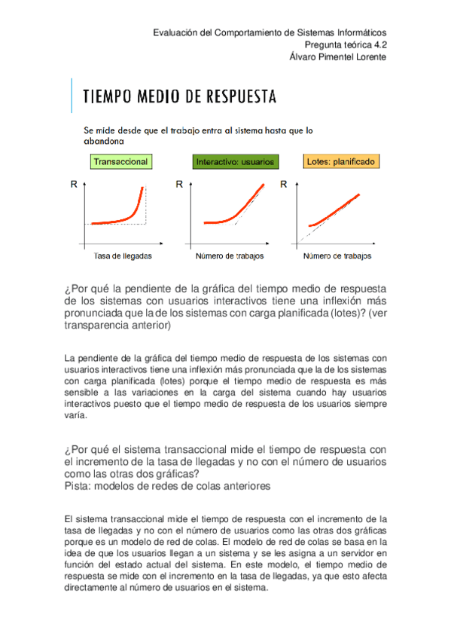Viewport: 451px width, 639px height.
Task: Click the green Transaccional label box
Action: tap(120, 161)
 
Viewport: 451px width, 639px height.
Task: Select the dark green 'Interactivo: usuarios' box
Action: tap(235, 161)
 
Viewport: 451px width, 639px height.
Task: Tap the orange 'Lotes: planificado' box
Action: tap(341, 161)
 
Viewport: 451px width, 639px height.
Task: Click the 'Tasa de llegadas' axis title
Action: tap(123, 255)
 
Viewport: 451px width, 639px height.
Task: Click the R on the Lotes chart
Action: tap(283, 184)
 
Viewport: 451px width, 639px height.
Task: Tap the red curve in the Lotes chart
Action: tap(335, 211)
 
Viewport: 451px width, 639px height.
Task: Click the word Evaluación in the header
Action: tap(178, 32)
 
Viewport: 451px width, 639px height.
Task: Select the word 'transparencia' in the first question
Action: tap(99, 326)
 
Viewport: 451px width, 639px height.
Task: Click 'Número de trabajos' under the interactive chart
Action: tap(229, 255)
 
